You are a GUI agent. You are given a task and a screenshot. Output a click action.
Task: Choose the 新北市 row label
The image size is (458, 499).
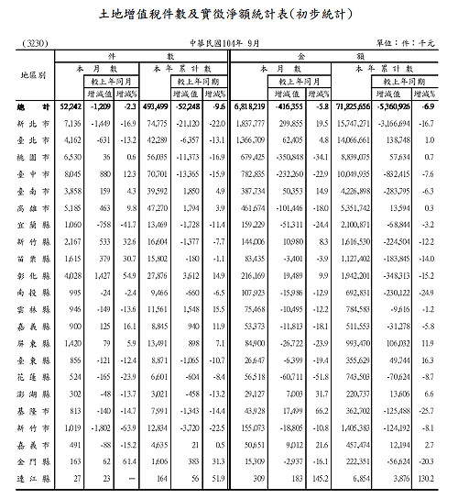pos(31,122)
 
